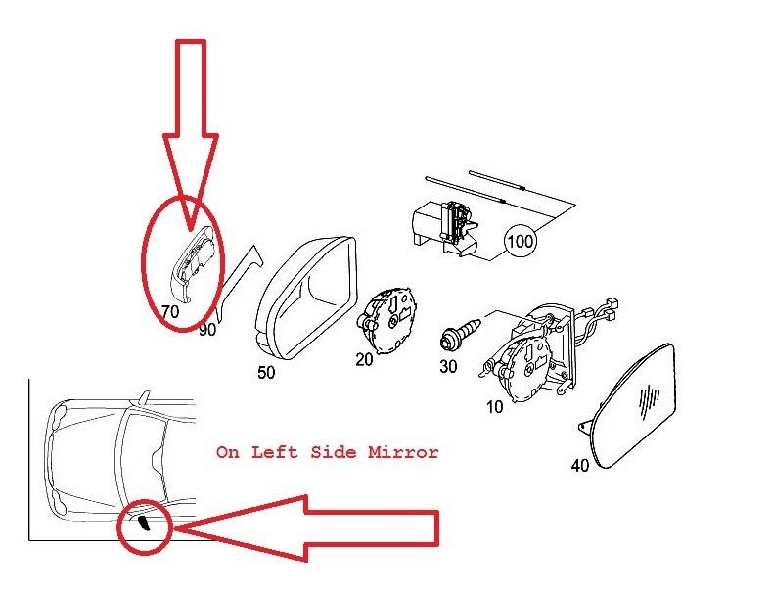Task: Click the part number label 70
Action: click(170, 311)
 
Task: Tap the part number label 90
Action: click(207, 329)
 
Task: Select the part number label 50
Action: click(266, 372)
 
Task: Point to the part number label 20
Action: click(364, 359)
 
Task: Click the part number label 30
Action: click(448, 366)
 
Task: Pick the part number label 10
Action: click(495, 407)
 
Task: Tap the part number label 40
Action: click(580, 465)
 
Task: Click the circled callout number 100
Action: click(520, 241)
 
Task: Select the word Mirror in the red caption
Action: click(403, 452)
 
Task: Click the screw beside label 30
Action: click(460, 332)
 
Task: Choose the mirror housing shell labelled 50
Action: click(306, 297)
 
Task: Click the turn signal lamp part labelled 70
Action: click(191, 263)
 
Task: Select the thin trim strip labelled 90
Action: click(240, 283)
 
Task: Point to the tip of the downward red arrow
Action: click(191, 230)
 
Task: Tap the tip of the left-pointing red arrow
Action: click(173, 528)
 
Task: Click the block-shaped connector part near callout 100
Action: click(444, 229)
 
